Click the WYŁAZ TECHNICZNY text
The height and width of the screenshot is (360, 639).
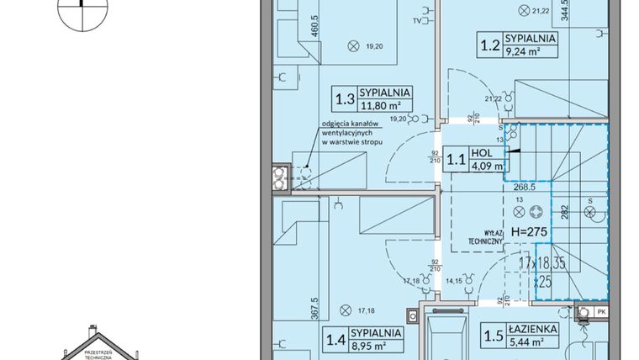(x=487, y=236)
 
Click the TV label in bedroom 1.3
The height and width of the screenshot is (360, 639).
(x=417, y=19)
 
